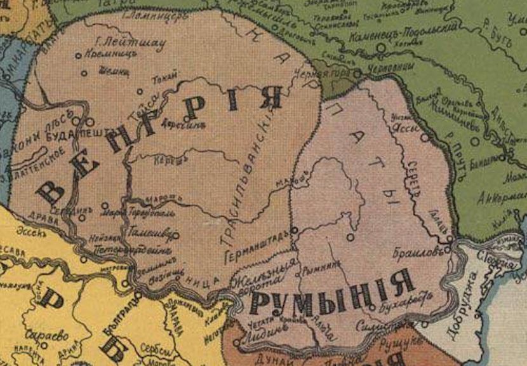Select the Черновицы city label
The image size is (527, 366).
(394, 66)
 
